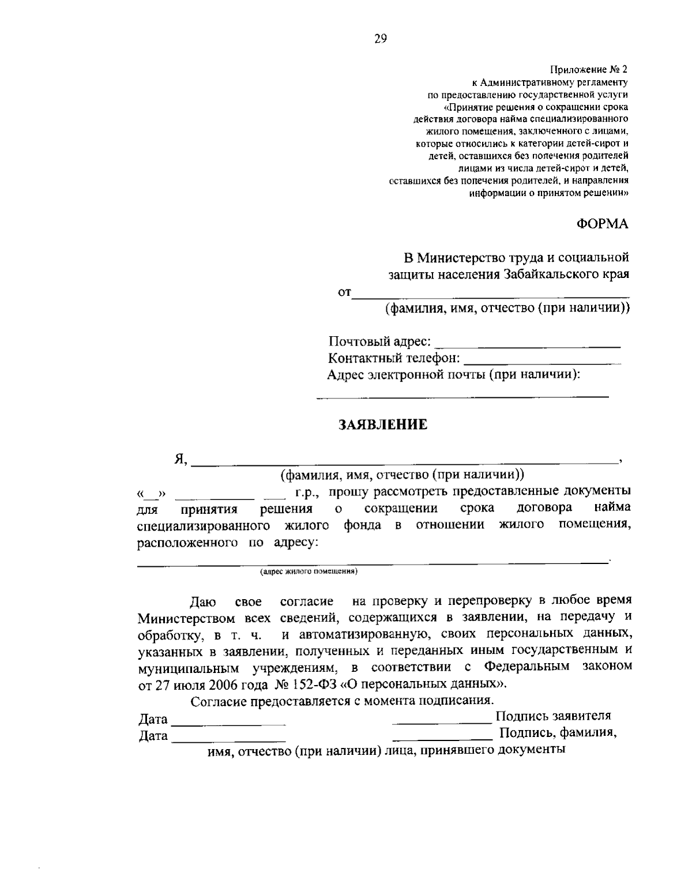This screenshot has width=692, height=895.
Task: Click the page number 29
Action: (x=381, y=39)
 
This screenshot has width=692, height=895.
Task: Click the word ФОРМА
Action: (x=603, y=224)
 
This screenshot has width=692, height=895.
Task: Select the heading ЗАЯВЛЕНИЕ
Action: (x=382, y=425)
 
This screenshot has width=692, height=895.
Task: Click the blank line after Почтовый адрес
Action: (x=527, y=346)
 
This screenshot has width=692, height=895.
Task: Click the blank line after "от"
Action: (x=490, y=297)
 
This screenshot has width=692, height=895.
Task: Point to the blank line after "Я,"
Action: (x=404, y=462)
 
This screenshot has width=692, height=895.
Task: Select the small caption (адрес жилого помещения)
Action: (x=309, y=571)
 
